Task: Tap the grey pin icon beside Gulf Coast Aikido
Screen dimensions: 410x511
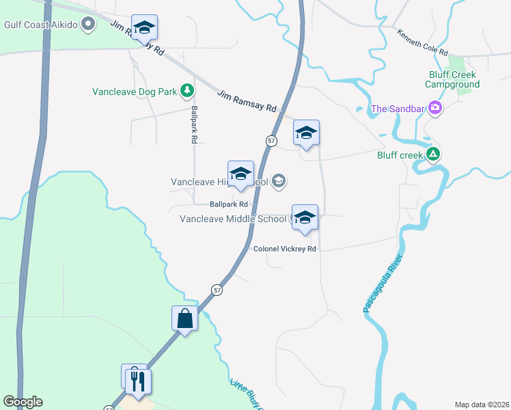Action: tap(87, 25)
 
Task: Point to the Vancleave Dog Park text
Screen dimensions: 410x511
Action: tap(135, 91)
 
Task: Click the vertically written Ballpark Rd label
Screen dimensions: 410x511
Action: tap(194, 124)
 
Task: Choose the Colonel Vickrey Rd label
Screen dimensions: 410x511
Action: tap(284, 249)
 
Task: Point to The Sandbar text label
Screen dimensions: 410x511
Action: tap(396, 109)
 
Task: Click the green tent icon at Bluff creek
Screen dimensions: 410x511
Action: tap(432, 155)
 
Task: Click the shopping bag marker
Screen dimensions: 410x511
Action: tap(185, 318)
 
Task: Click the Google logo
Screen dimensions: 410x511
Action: tap(23, 402)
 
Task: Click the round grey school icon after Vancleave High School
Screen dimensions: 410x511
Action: tap(278, 181)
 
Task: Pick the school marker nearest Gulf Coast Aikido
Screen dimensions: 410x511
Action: tap(144, 28)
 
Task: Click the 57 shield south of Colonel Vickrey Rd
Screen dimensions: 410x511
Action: tap(216, 289)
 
